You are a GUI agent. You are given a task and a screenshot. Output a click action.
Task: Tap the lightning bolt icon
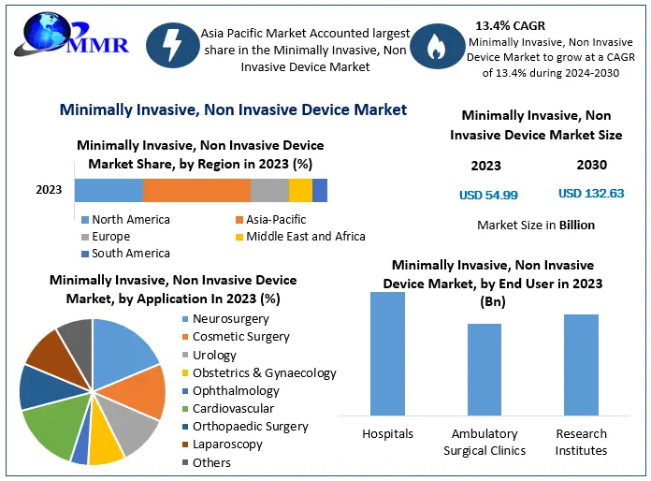171,47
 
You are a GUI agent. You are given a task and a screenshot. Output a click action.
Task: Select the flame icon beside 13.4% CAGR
435,47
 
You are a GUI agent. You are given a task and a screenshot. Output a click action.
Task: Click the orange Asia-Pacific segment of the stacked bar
196,190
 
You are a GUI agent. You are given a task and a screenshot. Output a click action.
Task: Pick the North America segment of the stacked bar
108,190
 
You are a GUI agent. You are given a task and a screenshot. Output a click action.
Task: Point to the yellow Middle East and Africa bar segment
300,190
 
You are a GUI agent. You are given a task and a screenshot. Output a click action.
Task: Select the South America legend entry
130,254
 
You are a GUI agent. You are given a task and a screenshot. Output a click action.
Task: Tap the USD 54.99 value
488,196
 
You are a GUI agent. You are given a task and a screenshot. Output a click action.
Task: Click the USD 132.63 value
591,194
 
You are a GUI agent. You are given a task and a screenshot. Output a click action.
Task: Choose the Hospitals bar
387,354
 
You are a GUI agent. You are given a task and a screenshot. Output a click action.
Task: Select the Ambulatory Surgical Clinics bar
485,370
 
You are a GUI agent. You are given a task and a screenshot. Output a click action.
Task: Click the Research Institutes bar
581,365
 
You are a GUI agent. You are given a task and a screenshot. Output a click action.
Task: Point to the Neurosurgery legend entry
230,319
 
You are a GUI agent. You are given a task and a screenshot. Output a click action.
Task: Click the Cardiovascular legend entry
233,408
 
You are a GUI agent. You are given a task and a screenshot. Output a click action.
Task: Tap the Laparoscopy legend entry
227,444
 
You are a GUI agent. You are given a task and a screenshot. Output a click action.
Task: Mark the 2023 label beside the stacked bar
49,190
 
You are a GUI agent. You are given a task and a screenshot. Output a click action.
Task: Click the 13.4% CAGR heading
511,25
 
